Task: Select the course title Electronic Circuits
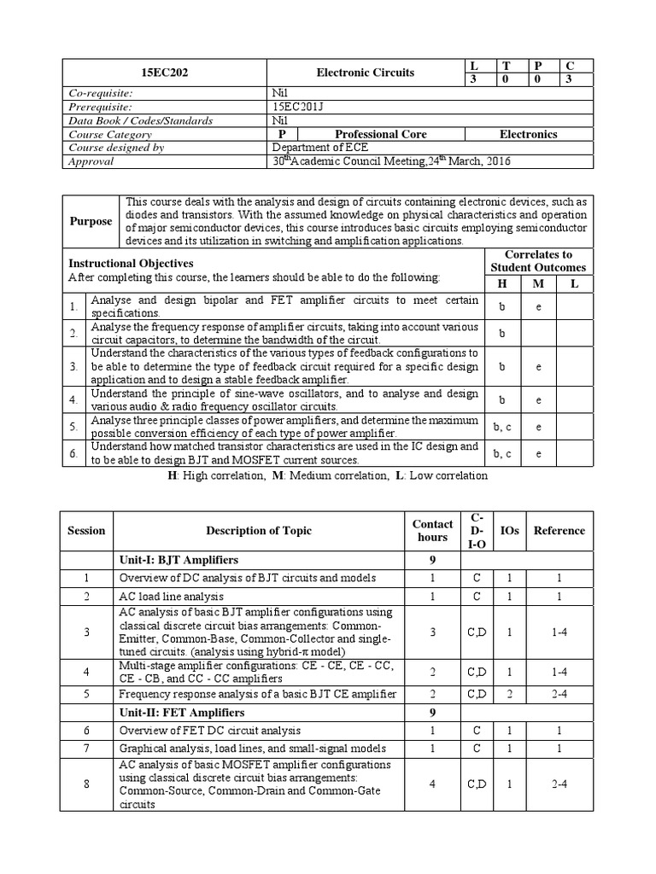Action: tap(366, 73)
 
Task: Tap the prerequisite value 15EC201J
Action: tap(296, 107)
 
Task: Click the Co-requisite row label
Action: tap(99, 93)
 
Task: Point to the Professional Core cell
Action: tap(380, 134)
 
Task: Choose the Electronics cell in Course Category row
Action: tap(528, 134)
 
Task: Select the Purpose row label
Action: tap(91, 221)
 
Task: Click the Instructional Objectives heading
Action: tap(131, 264)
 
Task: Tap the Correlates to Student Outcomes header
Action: tap(538, 261)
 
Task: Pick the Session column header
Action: tap(86, 530)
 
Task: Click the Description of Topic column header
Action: tap(259, 530)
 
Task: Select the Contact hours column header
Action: tap(432, 530)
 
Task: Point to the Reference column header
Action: tap(559, 530)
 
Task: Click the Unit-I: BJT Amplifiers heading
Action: tap(179, 560)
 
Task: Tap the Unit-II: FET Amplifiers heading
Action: tap(182, 712)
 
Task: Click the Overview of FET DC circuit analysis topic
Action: tap(209, 731)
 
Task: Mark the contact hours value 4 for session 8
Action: tap(432, 784)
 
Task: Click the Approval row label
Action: tap(91, 161)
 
